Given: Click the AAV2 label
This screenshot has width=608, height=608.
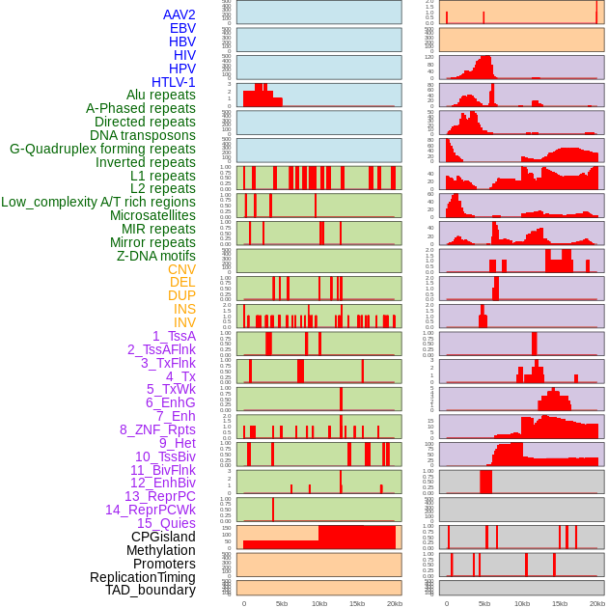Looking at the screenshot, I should [x=179, y=14].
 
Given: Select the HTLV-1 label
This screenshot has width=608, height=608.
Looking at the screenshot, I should [x=173, y=82].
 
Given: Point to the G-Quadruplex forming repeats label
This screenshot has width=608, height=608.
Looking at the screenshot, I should [x=102, y=149].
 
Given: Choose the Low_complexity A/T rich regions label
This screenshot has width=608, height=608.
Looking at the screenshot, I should [x=98, y=202].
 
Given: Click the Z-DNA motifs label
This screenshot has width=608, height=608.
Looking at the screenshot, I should [x=155, y=256].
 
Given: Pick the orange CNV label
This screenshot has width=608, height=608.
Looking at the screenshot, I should [x=181, y=269].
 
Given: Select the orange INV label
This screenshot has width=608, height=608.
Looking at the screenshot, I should [x=184, y=322].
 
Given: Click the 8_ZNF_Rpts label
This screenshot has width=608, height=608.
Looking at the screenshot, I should [x=157, y=429].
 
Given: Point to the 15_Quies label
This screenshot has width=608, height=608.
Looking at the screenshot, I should [x=166, y=523].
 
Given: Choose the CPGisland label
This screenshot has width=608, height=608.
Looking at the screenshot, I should [x=163, y=537].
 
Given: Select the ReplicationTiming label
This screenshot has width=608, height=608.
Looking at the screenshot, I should [x=142, y=577].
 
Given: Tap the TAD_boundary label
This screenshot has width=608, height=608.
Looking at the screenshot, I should [x=150, y=590].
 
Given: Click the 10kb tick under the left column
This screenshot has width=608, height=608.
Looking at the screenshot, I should [x=318, y=604].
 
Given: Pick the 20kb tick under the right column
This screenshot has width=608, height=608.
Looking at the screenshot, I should [x=597, y=604].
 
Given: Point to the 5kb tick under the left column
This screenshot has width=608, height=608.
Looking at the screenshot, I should [x=282, y=604].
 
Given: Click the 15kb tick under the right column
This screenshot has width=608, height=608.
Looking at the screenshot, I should [x=560, y=604].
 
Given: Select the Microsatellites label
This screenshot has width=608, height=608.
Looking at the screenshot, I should [x=152, y=215].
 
